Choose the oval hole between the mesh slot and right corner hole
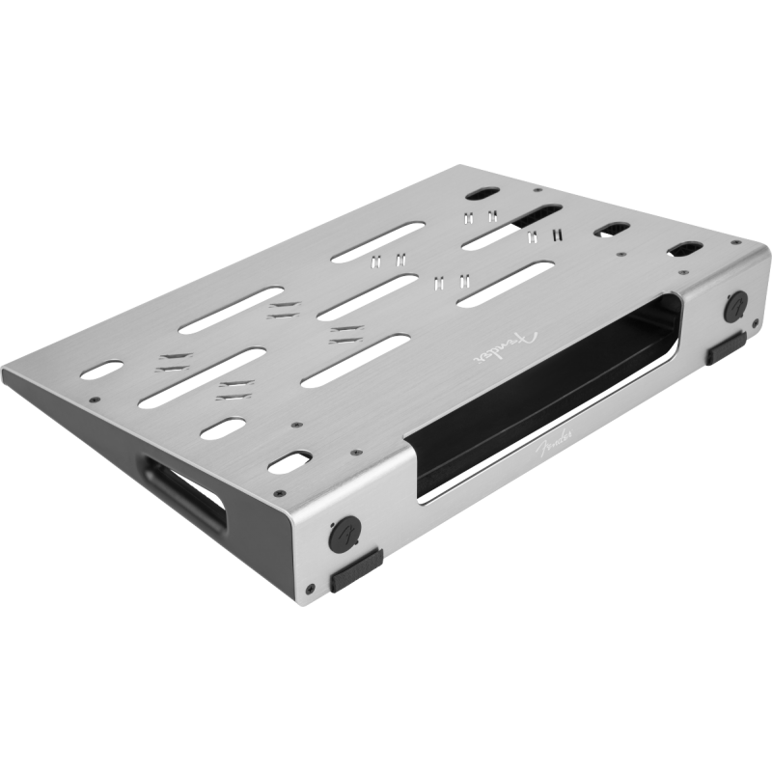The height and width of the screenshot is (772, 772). [610, 230]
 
